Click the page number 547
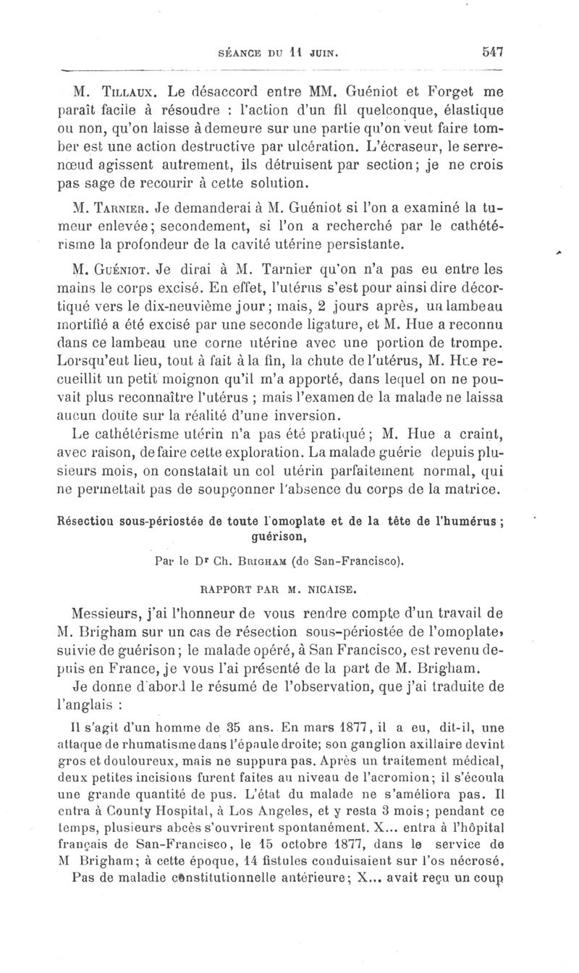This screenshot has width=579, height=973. (490, 52)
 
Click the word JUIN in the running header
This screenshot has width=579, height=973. (324, 53)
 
